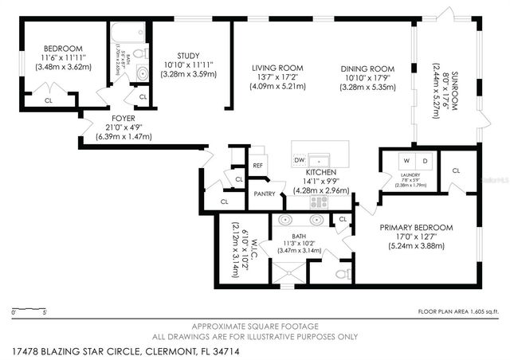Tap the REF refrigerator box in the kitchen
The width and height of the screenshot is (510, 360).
coord(257,166)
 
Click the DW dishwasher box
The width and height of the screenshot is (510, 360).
coord(300,160)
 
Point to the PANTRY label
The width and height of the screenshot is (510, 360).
coord(264,193)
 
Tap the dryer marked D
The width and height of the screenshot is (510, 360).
coord(425,160)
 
